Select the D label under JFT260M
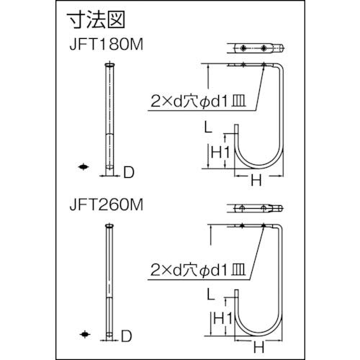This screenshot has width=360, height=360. coord(127,336)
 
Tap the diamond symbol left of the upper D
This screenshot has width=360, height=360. coord(85,168)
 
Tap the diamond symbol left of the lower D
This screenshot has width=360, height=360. coord(85,334)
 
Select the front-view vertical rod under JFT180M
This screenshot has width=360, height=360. coord(109,115)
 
